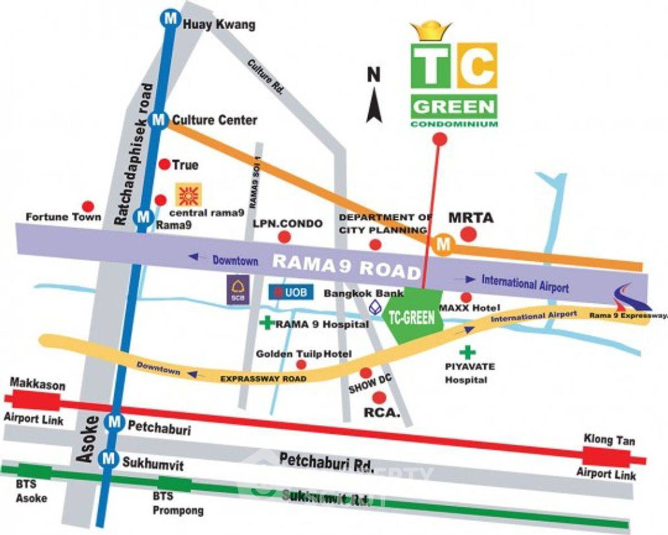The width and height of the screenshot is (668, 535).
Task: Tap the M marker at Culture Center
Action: click(x=158, y=120)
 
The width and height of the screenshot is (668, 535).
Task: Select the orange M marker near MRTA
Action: click(x=443, y=245)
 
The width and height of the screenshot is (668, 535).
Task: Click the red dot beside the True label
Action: click(x=164, y=165)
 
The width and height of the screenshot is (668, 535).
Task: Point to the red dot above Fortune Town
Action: click(x=88, y=206)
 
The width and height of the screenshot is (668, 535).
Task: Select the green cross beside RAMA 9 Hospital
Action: click(x=266, y=323)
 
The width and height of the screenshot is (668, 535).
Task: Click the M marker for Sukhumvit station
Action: click(x=107, y=458)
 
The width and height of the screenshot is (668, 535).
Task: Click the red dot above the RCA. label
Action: click(x=378, y=397)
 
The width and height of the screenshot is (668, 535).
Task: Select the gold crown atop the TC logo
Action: click(x=430, y=32)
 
